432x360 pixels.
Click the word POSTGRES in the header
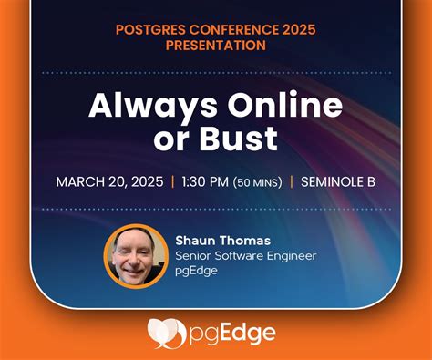(149, 28)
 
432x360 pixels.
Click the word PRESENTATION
(215, 45)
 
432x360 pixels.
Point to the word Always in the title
(146, 106)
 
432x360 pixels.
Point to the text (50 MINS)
(260, 182)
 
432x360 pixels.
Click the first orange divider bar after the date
(173, 181)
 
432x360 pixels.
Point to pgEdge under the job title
(196, 272)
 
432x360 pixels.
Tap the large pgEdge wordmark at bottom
(231, 334)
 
